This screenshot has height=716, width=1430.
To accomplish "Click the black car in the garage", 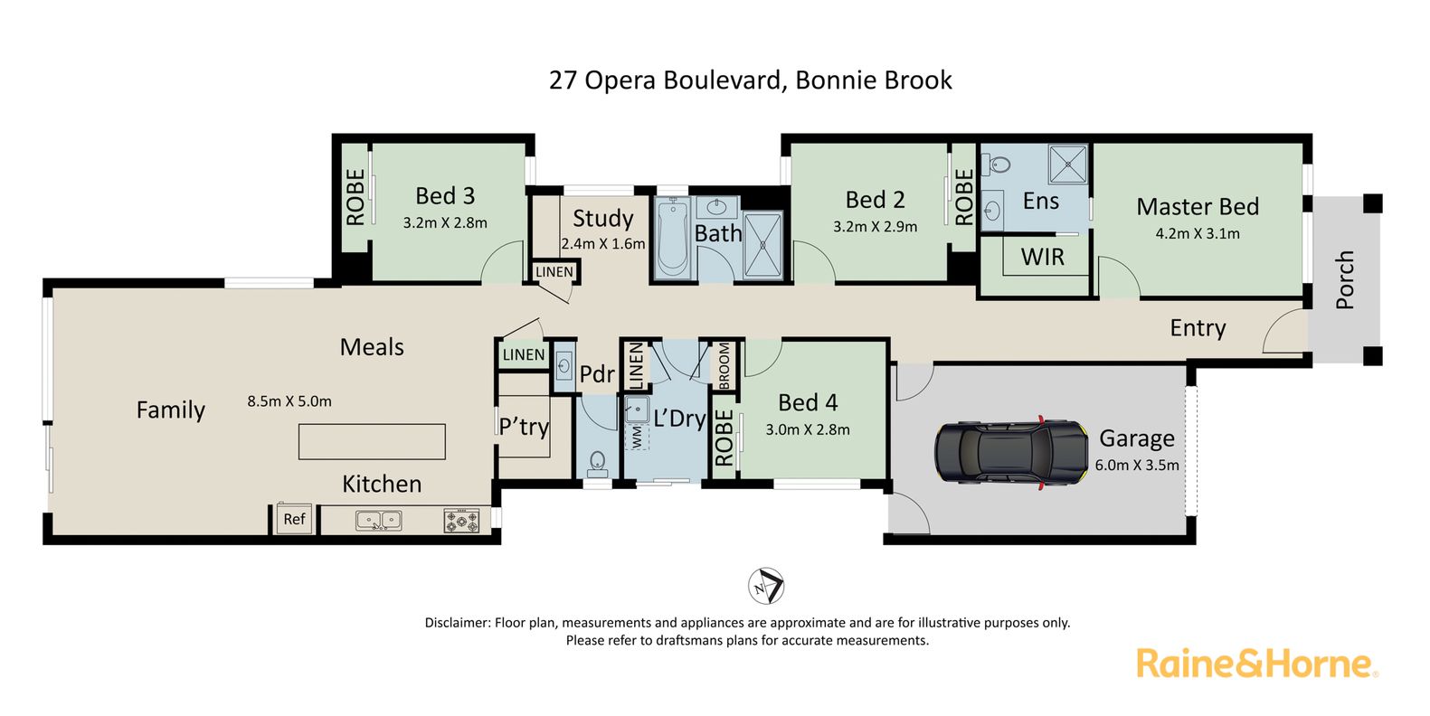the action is pyautogui.click(x=1011, y=452).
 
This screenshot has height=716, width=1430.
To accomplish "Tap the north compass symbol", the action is pyautogui.click(x=766, y=586).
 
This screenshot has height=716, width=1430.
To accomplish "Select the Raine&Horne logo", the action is pyautogui.click(x=1257, y=664).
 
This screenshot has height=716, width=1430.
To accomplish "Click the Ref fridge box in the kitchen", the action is pyautogui.click(x=294, y=518).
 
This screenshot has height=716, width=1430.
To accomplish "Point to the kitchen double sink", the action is pyautogui.click(x=379, y=521).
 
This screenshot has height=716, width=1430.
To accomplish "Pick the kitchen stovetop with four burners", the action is pyautogui.click(x=461, y=520).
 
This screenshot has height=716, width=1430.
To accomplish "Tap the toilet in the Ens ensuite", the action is pyautogui.click(x=995, y=165).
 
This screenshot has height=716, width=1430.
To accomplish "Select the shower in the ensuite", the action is pyautogui.click(x=1068, y=164).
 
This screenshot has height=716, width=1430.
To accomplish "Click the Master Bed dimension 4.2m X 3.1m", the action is pyautogui.click(x=1198, y=233).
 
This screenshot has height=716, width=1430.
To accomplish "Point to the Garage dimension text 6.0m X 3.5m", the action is pyautogui.click(x=1137, y=466).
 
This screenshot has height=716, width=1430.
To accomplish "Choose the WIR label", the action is pyautogui.click(x=1043, y=257).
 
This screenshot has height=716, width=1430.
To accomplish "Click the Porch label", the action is pyautogui.click(x=1344, y=279).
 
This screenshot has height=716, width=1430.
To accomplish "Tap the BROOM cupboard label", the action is pyautogui.click(x=724, y=365).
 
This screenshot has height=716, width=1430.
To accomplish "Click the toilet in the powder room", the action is pyautogui.click(x=598, y=465).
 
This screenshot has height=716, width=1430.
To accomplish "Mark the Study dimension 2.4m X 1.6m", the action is pyautogui.click(x=603, y=244).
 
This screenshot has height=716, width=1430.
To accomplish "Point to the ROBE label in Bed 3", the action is pyautogui.click(x=355, y=197).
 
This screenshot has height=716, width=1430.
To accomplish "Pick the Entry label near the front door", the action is pyautogui.click(x=1198, y=328).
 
